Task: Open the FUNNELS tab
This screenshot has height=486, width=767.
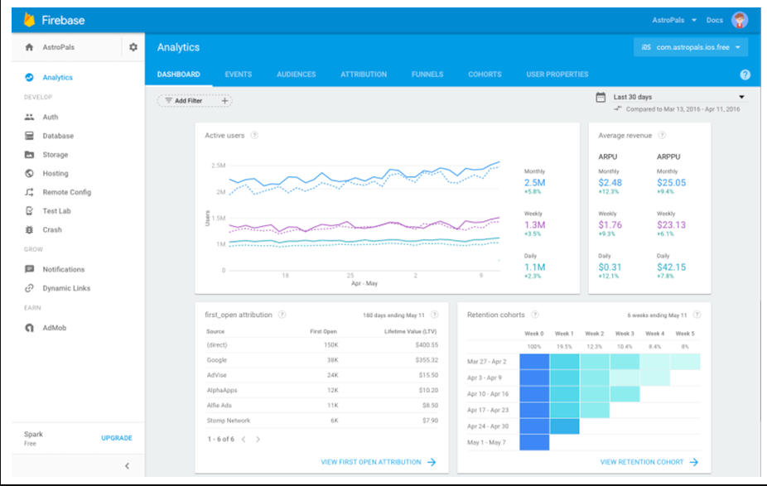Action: tap(427, 75)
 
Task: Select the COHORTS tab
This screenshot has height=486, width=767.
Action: tap(485, 75)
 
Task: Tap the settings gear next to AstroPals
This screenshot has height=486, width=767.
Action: tap(133, 47)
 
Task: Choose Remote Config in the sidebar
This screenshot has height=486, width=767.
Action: tap(66, 192)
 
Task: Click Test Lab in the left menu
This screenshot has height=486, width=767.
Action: tap(57, 211)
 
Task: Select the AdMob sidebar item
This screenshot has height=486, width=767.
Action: tap(54, 328)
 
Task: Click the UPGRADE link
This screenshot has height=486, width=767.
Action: tap(116, 438)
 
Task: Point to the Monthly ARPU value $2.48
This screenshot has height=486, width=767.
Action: tap(610, 183)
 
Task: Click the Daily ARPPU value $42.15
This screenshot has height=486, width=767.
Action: tap(671, 267)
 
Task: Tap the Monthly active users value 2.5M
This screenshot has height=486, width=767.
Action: tap(534, 183)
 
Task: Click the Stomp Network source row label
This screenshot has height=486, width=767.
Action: tap(229, 421)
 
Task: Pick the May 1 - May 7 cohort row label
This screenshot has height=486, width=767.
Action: tap(486, 442)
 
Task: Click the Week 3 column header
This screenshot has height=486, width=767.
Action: tap(624, 334)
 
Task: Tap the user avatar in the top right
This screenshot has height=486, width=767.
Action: tap(739, 20)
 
